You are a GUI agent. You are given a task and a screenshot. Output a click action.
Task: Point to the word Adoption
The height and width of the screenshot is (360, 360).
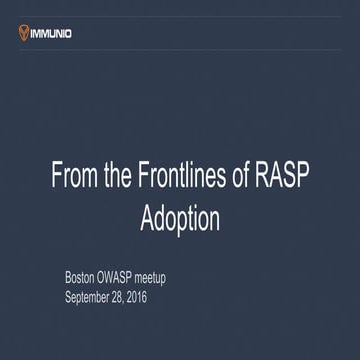(180, 218)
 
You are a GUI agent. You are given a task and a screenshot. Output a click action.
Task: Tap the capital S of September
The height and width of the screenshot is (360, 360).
(69, 297)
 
